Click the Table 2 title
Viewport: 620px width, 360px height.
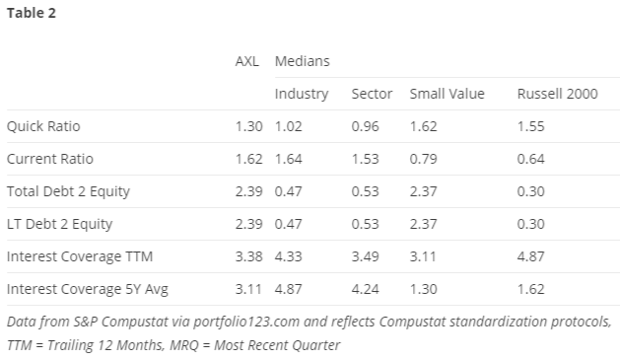(32, 13)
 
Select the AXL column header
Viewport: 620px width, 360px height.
(247, 61)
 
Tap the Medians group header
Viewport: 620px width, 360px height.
(302, 61)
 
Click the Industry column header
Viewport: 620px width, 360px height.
(302, 94)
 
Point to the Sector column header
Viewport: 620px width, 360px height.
(372, 94)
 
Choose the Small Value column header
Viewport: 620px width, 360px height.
(447, 94)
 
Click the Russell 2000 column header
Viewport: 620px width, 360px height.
(557, 94)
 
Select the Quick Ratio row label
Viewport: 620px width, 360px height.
(43, 126)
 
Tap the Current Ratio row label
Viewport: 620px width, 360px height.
(50, 159)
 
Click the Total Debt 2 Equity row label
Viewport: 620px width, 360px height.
(68, 192)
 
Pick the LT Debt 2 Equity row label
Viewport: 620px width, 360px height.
(59, 224)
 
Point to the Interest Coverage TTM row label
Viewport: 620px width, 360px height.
(80, 256)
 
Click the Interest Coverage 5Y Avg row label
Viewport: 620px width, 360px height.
(88, 289)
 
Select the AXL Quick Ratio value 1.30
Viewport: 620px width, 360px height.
(248, 126)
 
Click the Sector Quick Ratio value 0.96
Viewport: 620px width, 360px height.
(365, 126)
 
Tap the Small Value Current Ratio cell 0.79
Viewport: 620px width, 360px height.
(423, 159)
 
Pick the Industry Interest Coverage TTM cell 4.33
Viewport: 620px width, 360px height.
(288, 256)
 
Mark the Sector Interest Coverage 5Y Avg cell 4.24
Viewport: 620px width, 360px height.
(365, 289)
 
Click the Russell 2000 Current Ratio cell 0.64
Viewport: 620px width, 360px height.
(530, 159)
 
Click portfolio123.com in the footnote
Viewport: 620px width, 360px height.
(246, 322)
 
